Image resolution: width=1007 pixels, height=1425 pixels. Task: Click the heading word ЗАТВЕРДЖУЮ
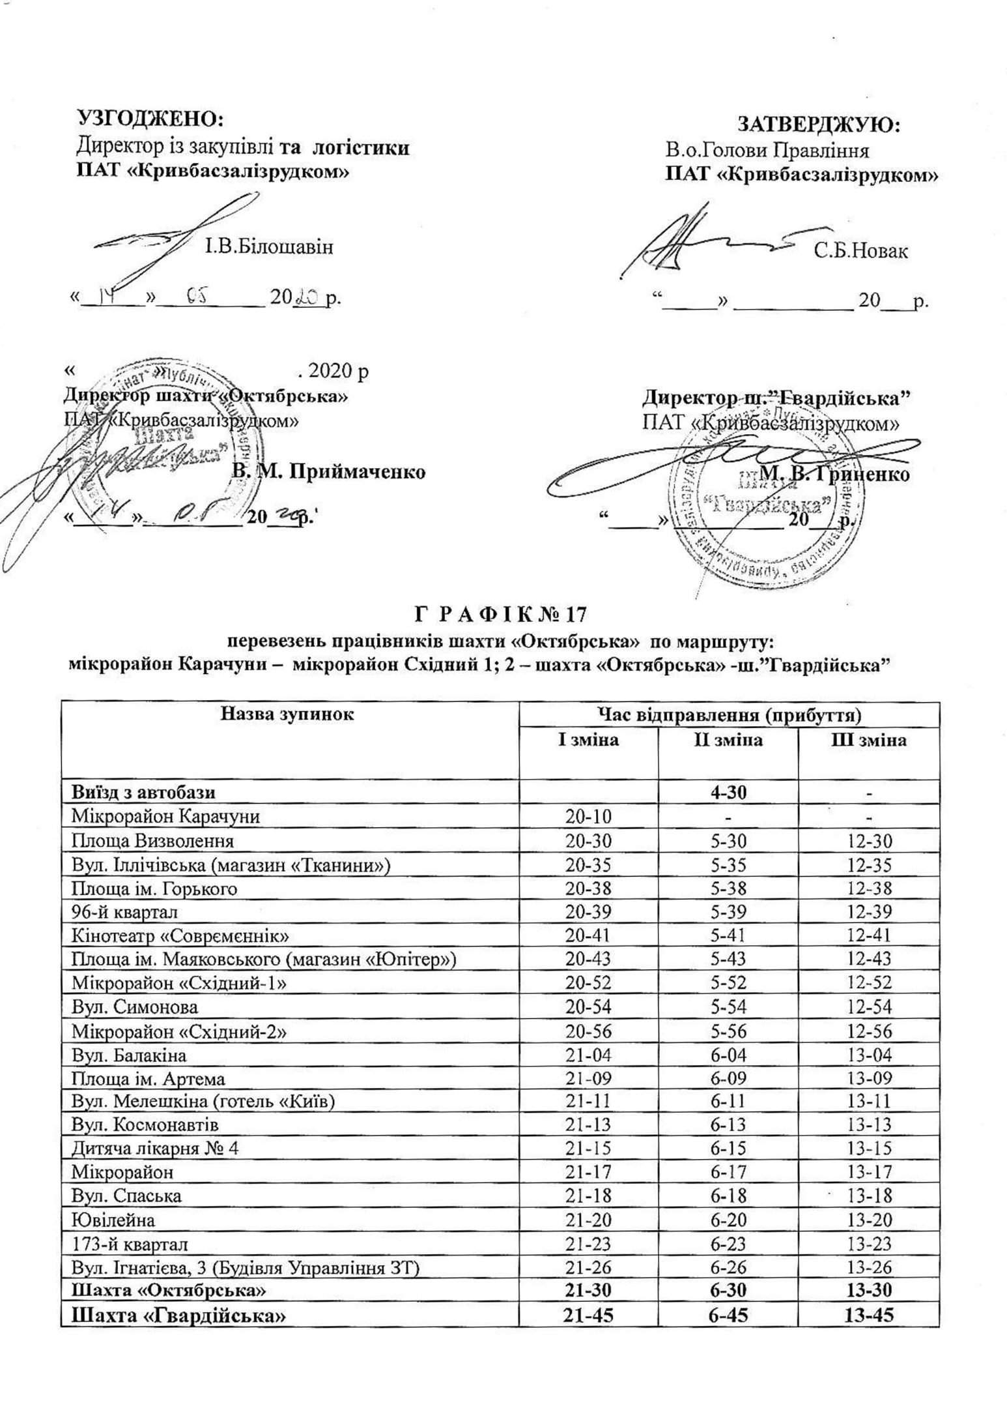pos(818,123)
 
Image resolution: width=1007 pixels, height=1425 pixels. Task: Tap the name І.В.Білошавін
pos(269,247)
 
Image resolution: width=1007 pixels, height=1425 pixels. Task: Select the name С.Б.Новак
pos(860,251)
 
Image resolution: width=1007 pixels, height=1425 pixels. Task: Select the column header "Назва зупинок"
pos(287,714)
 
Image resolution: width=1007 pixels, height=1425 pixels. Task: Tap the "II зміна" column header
pos(728,741)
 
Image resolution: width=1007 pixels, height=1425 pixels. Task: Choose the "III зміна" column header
pos(869,741)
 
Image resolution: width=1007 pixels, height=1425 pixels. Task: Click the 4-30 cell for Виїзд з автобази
pos(728,792)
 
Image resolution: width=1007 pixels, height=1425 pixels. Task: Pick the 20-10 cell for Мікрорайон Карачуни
pos(588,816)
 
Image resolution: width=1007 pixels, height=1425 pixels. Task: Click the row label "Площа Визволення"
pos(153,841)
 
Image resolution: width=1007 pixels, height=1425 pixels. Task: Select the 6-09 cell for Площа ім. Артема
pos(728,1078)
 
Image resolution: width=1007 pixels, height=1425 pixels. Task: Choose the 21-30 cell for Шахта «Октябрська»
pos(588,1290)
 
